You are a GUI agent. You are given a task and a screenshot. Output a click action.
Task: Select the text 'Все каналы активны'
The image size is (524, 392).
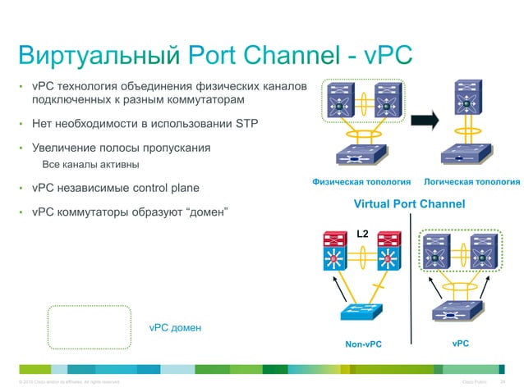(x=93, y=166)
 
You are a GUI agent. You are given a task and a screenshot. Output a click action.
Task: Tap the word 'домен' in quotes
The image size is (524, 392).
(x=206, y=212)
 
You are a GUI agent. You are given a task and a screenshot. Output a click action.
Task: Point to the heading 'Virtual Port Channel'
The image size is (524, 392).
(x=408, y=204)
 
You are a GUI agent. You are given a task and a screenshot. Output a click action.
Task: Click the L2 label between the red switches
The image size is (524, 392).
(x=361, y=234)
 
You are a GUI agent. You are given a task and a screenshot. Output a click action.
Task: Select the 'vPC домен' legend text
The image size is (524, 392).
(x=175, y=328)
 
